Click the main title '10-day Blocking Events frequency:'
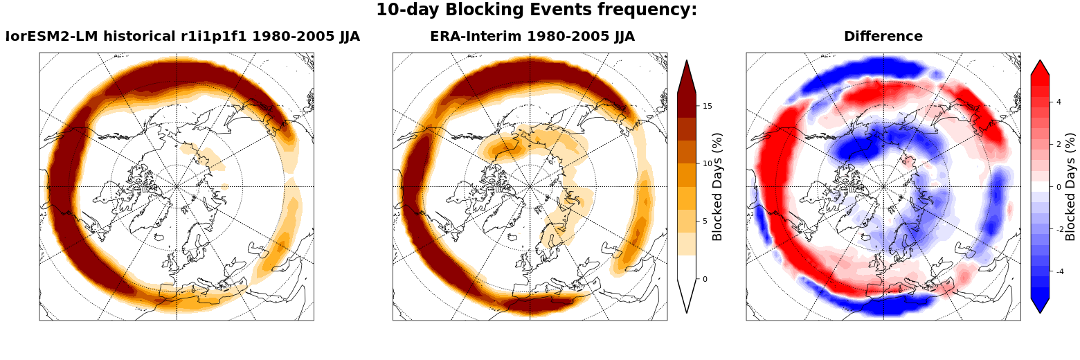pyautogui.click(x=536, y=10)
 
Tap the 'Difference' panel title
pyautogui.click(x=883, y=37)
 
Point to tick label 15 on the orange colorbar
pyautogui.click(x=708, y=106)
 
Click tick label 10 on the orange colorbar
pyautogui.click(x=708, y=163)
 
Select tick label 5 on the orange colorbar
pyautogui.click(x=705, y=222)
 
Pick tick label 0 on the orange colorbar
pyautogui.click(x=705, y=279)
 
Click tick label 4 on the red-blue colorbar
pyautogui.click(x=1059, y=102)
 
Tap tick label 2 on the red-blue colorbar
pyautogui.click(x=1059, y=144)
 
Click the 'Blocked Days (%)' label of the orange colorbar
pyautogui.click(x=717, y=187)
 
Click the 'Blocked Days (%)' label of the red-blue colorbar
pyautogui.click(x=1070, y=187)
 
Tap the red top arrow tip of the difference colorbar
pyautogui.click(x=1040, y=60)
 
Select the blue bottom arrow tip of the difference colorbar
pyautogui.click(x=1040, y=313)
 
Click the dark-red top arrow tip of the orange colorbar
pyautogui.click(x=687, y=60)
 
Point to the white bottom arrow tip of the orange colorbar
pyautogui.click(x=687, y=313)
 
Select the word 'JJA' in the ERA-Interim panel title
pyautogui.click(x=624, y=37)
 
